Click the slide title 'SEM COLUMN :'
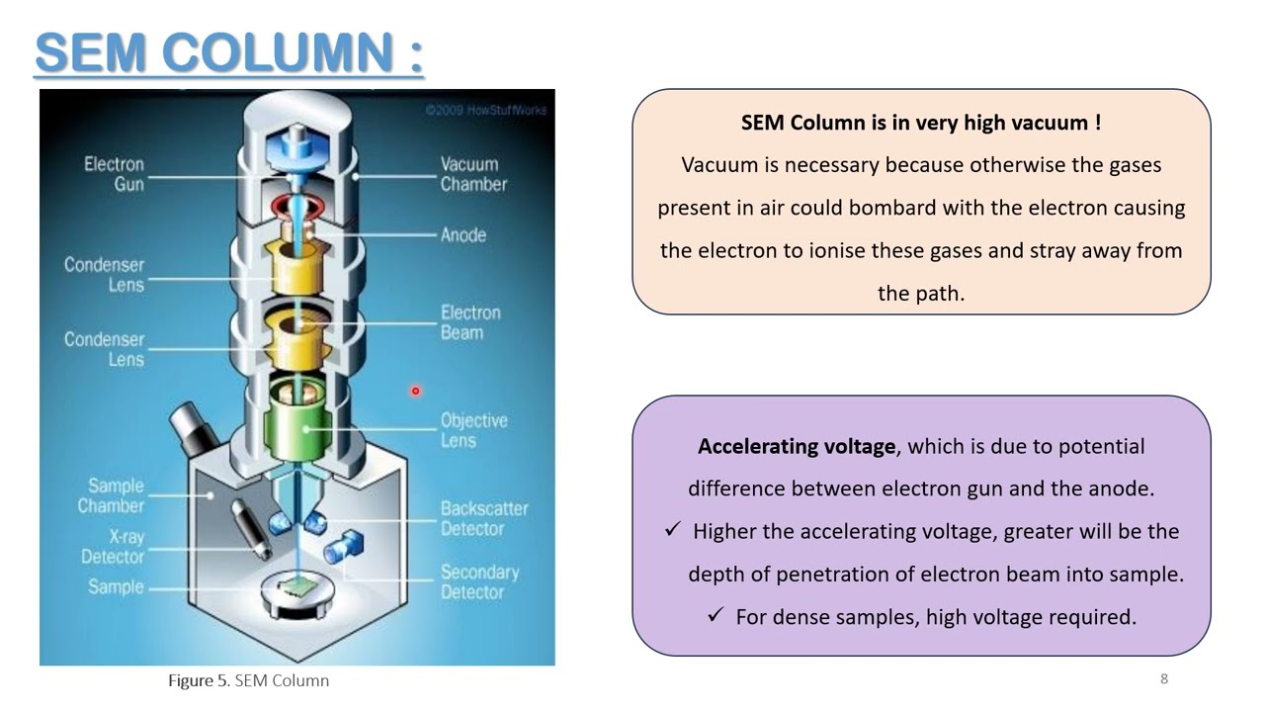pyautogui.click(x=229, y=53)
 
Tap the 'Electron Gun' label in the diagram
pyautogui.click(x=114, y=174)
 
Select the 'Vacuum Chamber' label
pyautogui.click(x=473, y=174)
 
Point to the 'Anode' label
pyautogui.click(x=464, y=235)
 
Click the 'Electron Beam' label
pyautogui.click(x=470, y=322)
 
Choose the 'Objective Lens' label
pyautogui.click(x=473, y=430)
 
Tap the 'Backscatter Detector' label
pyautogui.click(x=483, y=518)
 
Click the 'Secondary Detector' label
pyautogui.click(x=479, y=581)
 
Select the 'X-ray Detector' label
pyautogui.click(x=113, y=546)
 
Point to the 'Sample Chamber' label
pyautogui.click(x=111, y=495)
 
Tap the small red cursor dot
pyautogui.click(x=416, y=391)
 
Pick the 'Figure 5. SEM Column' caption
pyautogui.click(x=248, y=680)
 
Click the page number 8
pyautogui.click(x=1164, y=678)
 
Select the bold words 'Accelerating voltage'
pyautogui.click(x=797, y=446)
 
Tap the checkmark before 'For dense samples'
pyautogui.click(x=717, y=615)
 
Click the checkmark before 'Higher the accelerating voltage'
pyautogui.click(x=673, y=530)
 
